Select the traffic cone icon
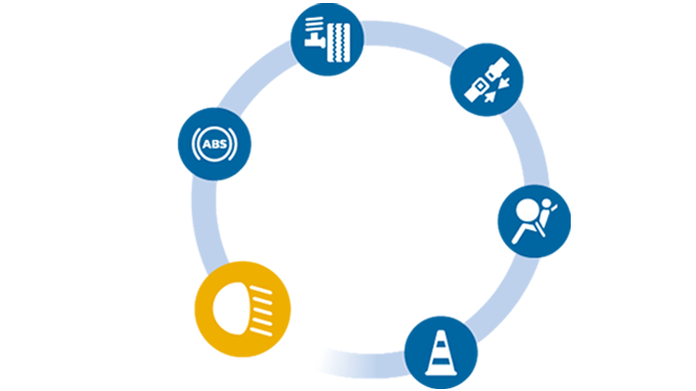(437, 352)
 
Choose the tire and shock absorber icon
(327, 39)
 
